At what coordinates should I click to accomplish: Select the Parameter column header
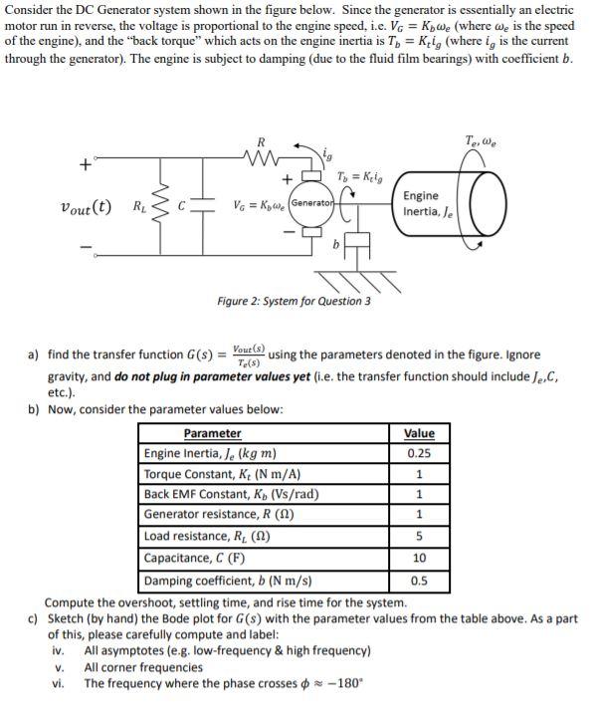click(x=212, y=433)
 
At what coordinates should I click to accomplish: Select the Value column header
click(x=419, y=433)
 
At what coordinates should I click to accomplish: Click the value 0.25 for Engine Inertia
click(x=419, y=454)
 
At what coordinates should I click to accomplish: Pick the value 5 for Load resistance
click(x=419, y=537)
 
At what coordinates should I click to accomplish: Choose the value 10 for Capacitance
click(x=419, y=558)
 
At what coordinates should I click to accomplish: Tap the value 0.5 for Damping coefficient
click(x=419, y=580)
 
